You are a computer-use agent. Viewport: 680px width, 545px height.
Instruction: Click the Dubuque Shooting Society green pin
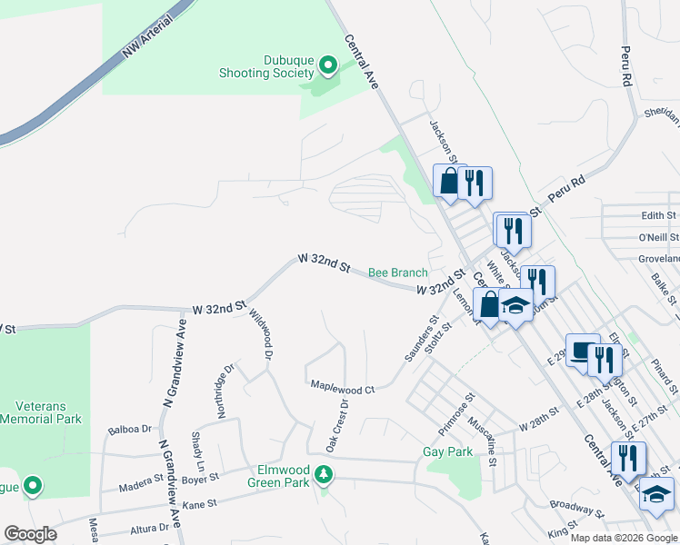click(328, 65)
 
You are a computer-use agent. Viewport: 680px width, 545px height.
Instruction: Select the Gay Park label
click(448, 451)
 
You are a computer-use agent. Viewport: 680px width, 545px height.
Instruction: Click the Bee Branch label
click(397, 272)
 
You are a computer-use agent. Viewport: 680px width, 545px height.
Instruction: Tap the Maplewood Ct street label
click(343, 389)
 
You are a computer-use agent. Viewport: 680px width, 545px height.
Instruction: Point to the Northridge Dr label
click(225, 391)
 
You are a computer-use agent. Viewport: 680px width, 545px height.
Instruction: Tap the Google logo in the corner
click(30, 534)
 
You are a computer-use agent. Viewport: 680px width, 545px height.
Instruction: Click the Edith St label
click(658, 215)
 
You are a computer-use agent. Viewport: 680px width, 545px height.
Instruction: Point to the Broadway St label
click(575, 510)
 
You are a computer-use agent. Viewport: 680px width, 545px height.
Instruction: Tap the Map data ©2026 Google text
click(624, 538)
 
